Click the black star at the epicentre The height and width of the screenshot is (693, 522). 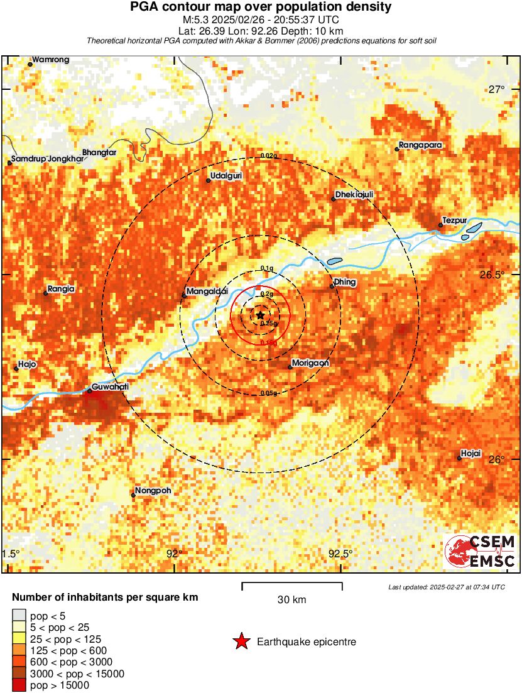tap(260, 315)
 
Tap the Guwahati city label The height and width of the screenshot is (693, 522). tap(110, 387)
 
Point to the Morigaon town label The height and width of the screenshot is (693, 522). tap(310, 363)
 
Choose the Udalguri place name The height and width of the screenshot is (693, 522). tap(226, 176)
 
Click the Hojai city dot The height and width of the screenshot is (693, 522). tap(459, 458)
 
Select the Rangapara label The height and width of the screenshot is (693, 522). tap(418, 145)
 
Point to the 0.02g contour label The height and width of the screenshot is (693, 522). tap(269, 156)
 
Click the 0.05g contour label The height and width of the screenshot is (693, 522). tap(269, 393)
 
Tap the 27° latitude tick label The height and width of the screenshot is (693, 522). tap(496, 89)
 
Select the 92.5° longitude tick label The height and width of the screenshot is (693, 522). tap(340, 554)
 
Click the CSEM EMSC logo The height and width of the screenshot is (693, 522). tap(481, 551)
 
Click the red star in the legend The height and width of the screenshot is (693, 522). tap(241, 641)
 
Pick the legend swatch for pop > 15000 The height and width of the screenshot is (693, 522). tap(19, 685)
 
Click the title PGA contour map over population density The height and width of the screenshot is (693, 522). tap(261, 8)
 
